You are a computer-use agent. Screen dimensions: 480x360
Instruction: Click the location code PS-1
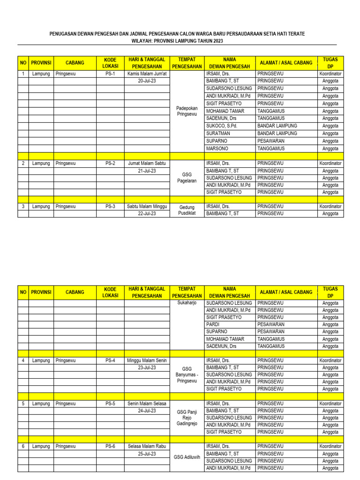(110, 74)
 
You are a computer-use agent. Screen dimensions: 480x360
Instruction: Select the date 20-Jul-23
(147, 81)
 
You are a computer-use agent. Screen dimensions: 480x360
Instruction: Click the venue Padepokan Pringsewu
(187, 111)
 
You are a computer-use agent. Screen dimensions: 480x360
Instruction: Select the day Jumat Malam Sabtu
(147, 164)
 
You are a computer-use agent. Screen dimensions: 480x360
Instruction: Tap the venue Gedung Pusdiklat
(187, 210)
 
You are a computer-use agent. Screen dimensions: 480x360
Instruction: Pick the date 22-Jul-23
(147, 213)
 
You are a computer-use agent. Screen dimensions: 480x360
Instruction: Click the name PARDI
(213, 324)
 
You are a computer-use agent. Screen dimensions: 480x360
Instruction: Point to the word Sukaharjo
(187, 303)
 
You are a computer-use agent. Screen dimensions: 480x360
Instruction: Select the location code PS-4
(110, 360)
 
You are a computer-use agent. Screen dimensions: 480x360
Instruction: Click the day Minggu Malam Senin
(147, 360)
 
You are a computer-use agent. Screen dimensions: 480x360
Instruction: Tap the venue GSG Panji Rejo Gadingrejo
(187, 418)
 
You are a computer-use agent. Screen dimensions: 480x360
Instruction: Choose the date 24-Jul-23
(147, 411)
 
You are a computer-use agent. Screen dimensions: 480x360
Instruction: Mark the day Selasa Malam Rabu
(147, 446)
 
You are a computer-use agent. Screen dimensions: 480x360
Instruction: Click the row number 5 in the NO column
(23, 404)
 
